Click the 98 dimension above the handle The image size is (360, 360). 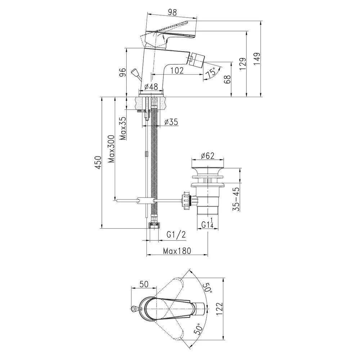click(x=172, y=12)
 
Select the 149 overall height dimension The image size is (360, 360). click(x=257, y=59)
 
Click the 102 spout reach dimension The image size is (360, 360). click(x=177, y=71)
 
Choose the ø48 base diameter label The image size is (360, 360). click(x=151, y=86)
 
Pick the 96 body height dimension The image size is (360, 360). click(x=123, y=72)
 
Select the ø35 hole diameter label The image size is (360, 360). click(x=171, y=122)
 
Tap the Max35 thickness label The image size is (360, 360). click(x=123, y=129)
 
